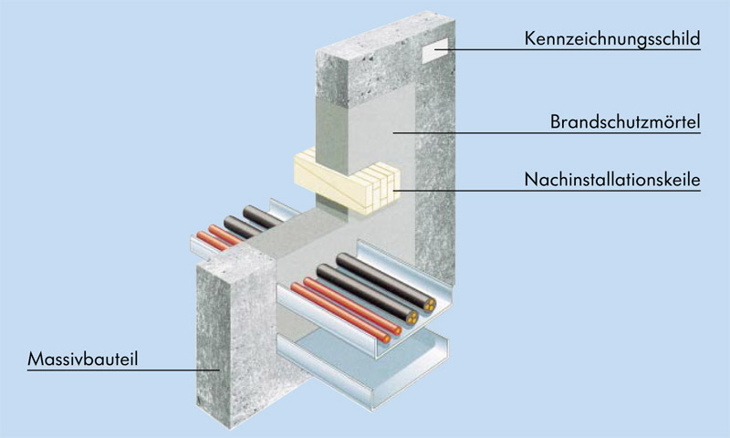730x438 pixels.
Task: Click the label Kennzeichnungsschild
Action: pos(611,39)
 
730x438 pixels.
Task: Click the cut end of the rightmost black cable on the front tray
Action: pos(429,308)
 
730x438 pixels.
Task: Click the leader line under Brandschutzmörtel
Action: pos(547,133)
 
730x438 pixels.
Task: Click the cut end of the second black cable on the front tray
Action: pos(413,319)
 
